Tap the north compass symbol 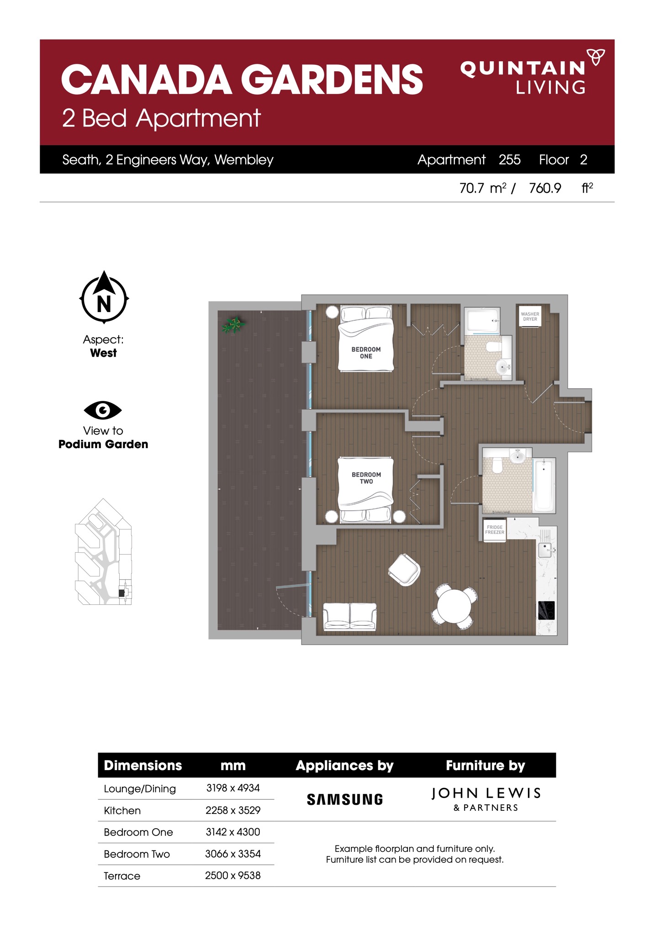click(x=104, y=297)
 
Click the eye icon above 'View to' click(x=103, y=410)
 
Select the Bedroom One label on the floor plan click(x=366, y=353)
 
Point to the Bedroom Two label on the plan click(x=366, y=478)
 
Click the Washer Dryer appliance click(x=530, y=316)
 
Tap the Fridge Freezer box click(x=495, y=530)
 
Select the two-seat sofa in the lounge click(x=350, y=617)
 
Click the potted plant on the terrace click(x=234, y=325)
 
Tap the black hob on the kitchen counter click(x=546, y=610)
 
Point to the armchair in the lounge click(x=404, y=570)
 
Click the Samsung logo click(x=345, y=799)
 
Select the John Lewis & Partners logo click(x=486, y=799)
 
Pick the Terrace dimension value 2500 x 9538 click(x=232, y=875)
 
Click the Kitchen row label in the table click(x=122, y=810)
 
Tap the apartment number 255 click(x=509, y=159)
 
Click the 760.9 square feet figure click(x=545, y=188)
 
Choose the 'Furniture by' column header click(x=485, y=765)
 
